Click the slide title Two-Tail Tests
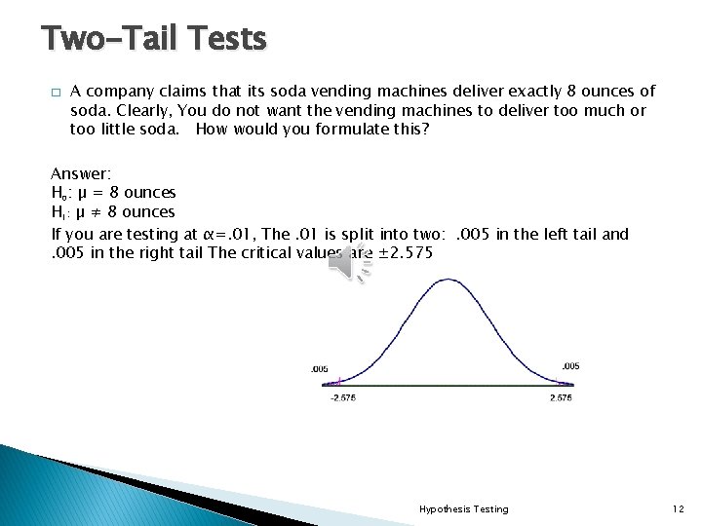pos(153,39)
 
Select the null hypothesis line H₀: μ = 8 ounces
pos(113,193)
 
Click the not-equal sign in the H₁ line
pos(99,212)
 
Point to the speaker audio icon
pos(348,263)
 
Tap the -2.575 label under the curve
pos(342,397)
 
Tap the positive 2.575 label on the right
pos(561,397)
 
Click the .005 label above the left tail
pos(319,369)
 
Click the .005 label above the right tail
pos(570,365)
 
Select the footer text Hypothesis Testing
pos(463,508)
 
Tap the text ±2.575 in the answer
pos(403,253)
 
